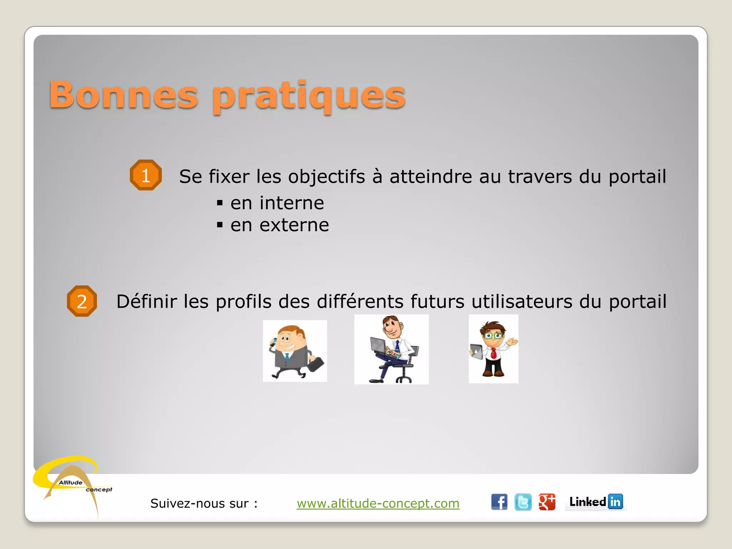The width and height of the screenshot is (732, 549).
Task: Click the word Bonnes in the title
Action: tap(123, 95)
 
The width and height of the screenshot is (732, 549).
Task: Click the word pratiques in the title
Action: tap(309, 96)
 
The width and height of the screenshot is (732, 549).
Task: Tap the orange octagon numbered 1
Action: tap(145, 175)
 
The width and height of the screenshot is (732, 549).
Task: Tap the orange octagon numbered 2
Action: tap(82, 301)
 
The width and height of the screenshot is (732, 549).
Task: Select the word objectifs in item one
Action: tap(326, 177)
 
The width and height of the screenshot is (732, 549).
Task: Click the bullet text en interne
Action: tap(277, 203)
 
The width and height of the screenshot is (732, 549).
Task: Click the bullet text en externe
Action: tap(280, 225)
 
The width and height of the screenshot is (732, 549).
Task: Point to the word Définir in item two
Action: tap(147, 301)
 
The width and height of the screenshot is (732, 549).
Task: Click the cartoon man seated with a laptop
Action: tap(391, 349)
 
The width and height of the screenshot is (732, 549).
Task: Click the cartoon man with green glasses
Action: tap(493, 348)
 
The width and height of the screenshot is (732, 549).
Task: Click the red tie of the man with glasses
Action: tap(493, 353)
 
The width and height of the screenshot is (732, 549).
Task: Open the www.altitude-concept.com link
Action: tap(378, 503)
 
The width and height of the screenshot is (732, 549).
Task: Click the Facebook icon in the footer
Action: tap(499, 502)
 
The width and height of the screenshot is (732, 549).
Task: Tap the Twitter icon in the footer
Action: tap(523, 502)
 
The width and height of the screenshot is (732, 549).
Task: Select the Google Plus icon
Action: tap(547, 502)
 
